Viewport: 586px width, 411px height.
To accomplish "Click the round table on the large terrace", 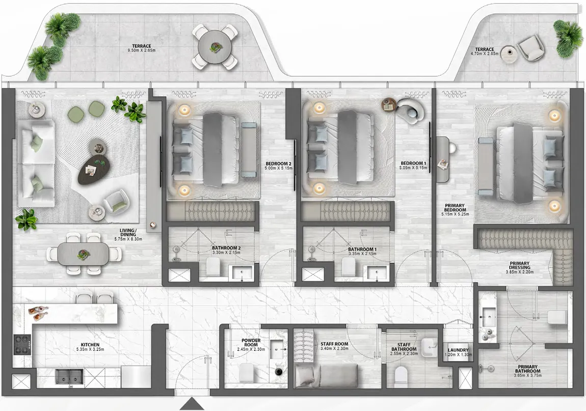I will tap(215, 47).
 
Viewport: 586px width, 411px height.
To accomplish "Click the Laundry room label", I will tap(458, 350).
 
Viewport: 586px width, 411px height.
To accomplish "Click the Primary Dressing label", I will tap(520, 265).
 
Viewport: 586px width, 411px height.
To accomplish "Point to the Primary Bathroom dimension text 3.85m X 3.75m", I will tap(527, 377).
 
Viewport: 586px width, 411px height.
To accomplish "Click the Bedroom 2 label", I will tap(278, 164).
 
